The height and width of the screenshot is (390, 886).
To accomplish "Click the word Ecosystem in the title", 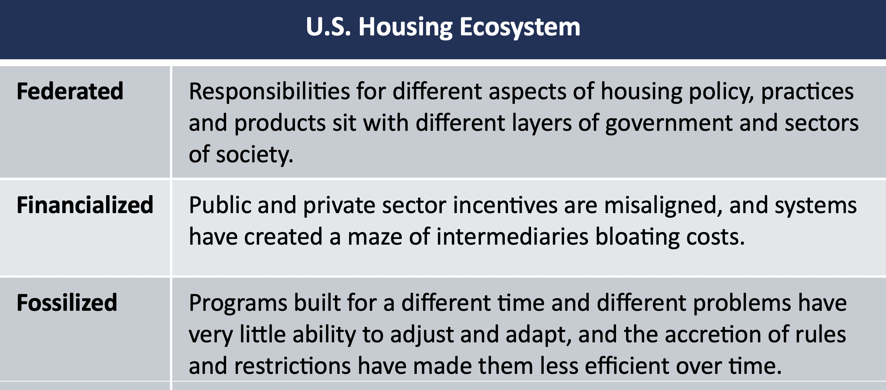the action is pos(520,27).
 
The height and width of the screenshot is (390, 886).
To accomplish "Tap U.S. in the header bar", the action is pos(328,27).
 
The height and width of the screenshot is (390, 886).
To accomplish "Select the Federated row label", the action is pos(70,91).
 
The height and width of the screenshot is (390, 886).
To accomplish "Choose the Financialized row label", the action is pos(85,205).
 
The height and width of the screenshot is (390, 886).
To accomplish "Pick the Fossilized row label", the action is pos(67,302).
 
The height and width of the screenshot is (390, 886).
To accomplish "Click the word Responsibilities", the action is pos(269,92).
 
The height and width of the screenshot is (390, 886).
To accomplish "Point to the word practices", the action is pos(807,93).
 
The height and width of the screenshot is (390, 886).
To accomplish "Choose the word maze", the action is pos(375,237).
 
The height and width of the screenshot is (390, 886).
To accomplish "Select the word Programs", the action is pos(238,304).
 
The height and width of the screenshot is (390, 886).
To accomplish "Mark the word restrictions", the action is pos(292,366).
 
